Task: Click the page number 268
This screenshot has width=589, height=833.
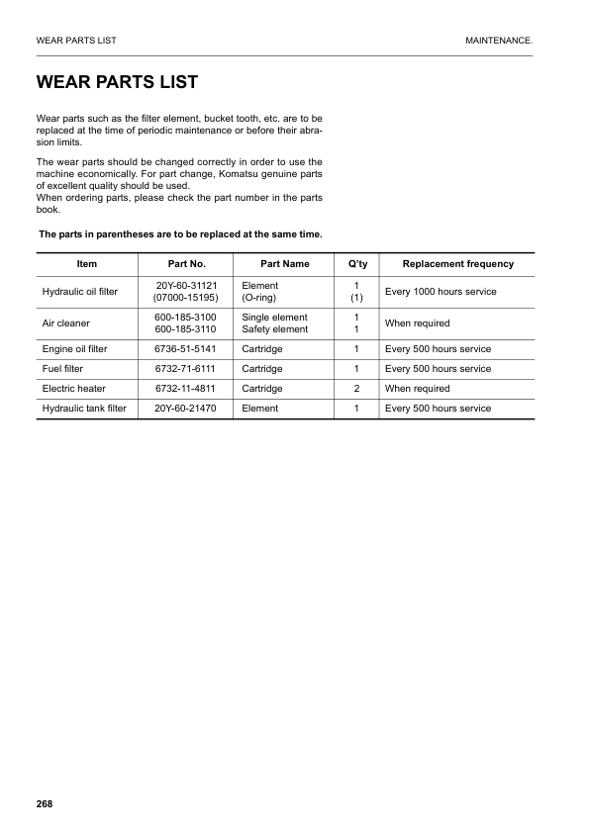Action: (x=44, y=802)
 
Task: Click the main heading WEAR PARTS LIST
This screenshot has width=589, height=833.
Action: (x=117, y=82)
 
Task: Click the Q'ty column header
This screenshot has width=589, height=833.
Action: (x=355, y=264)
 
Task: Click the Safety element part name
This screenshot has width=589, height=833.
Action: (x=274, y=329)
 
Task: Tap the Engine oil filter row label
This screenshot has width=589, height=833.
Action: (x=74, y=349)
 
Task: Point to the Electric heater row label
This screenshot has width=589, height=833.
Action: (x=73, y=389)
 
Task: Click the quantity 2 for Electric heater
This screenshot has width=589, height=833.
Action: (x=355, y=389)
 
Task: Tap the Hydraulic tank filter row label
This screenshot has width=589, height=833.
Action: (x=84, y=409)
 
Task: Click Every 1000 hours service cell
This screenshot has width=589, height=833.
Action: (x=441, y=292)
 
